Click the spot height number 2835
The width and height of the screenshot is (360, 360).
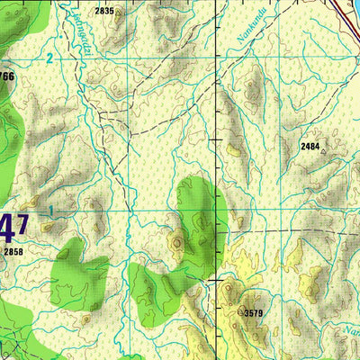coord(104,11)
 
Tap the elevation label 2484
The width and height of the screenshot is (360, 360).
coord(310,145)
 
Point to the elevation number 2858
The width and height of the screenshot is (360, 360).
coord(13,253)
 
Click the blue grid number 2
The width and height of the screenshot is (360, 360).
coord(49,58)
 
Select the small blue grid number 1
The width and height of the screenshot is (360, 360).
coord(51,211)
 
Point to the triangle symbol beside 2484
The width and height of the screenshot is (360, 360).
coord(323,152)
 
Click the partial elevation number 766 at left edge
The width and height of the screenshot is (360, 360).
coord(7,77)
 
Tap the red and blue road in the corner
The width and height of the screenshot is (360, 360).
coord(346,9)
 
